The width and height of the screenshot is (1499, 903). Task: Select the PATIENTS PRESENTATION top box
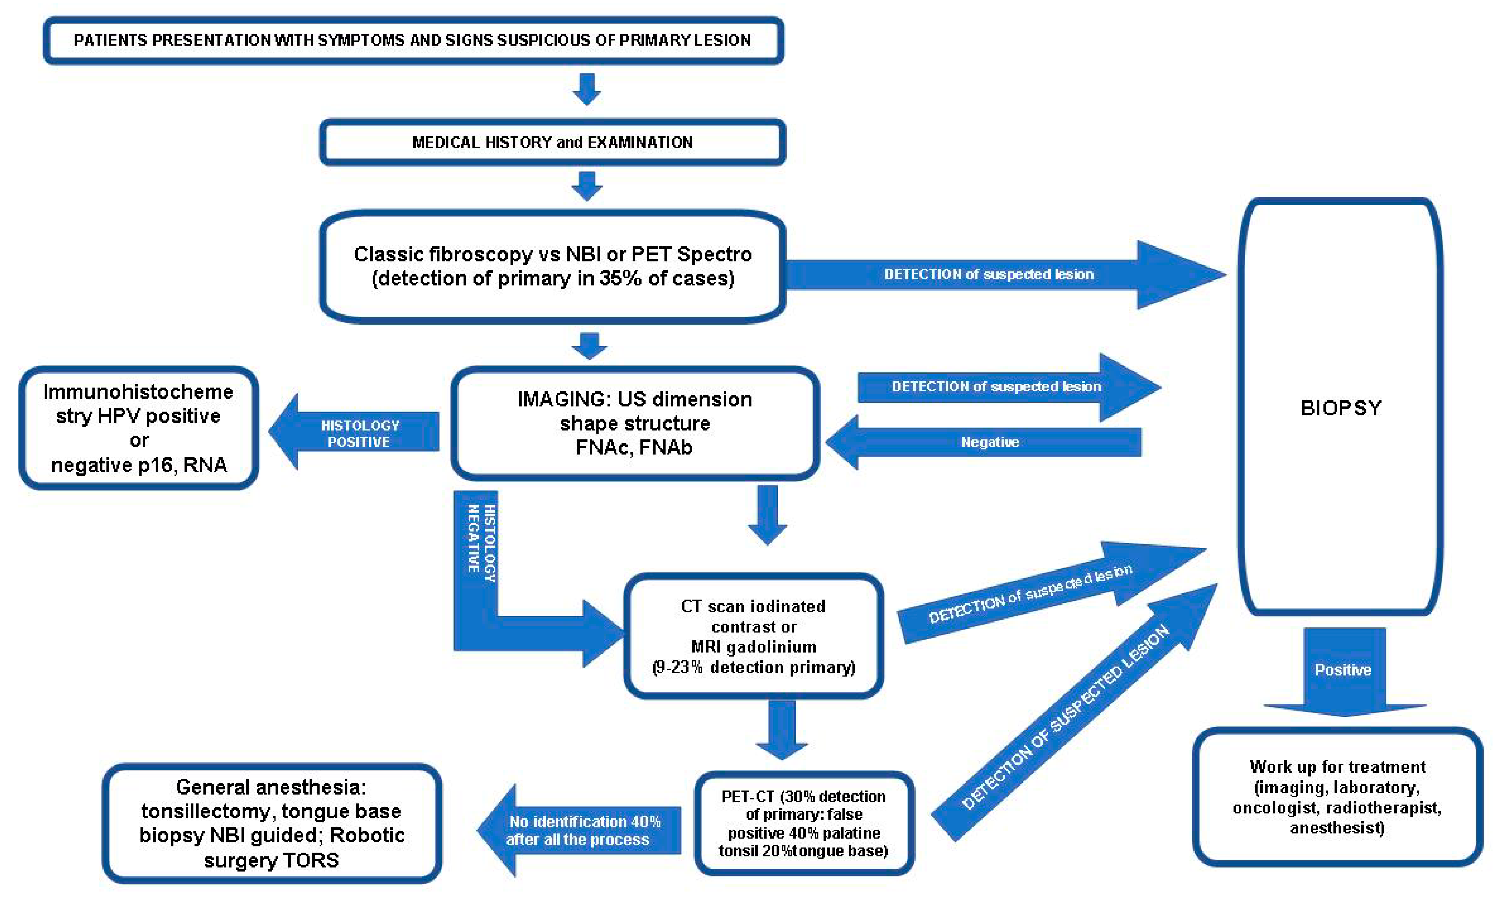click(x=414, y=40)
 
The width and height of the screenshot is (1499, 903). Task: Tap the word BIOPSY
click(x=1341, y=408)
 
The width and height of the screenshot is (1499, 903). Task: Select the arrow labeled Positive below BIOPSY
click(x=1345, y=672)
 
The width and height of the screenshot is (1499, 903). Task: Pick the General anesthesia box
click(x=272, y=823)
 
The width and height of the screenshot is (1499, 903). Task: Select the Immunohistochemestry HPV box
click(x=139, y=427)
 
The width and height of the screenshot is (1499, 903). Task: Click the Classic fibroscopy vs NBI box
click(x=552, y=266)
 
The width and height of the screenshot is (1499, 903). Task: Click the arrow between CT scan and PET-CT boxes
click(x=782, y=730)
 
